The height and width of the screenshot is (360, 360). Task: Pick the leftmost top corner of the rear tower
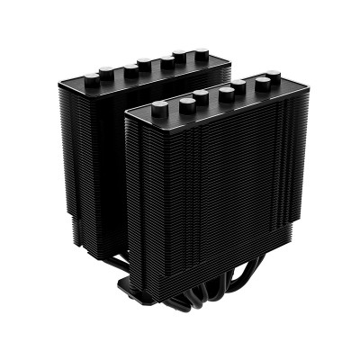tap(70, 88)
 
